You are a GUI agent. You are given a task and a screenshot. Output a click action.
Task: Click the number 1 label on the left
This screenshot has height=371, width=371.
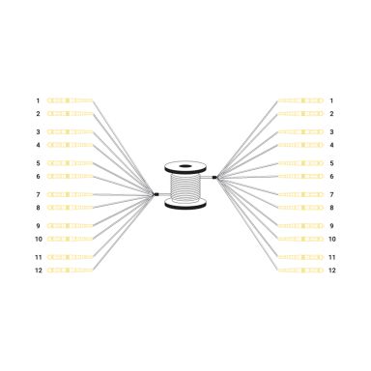(x=39, y=100)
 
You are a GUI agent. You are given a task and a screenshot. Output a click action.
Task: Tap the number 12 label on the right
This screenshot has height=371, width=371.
(x=331, y=270)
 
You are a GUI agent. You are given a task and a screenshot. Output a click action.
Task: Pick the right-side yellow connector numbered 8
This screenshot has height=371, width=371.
(x=300, y=207)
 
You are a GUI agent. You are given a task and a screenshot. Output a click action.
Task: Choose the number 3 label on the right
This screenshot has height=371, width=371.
(x=331, y=131)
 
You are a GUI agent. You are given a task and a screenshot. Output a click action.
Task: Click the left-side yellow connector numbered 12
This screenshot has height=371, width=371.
(x=70, y=270)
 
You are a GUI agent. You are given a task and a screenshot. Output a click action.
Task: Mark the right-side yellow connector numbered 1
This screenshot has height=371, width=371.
(x=300, y=100)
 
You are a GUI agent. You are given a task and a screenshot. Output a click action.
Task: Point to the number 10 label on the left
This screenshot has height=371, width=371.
(x=39, y=238)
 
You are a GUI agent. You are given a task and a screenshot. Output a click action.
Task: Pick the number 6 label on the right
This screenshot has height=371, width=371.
(x=331, y=176)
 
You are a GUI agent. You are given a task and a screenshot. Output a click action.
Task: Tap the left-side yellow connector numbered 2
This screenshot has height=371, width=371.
(x=70, y=114)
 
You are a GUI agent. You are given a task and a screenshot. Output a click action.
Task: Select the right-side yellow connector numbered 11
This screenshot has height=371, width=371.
(x=300, y=257)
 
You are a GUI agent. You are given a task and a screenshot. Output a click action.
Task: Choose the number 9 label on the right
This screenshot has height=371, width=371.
(x=331, y=225)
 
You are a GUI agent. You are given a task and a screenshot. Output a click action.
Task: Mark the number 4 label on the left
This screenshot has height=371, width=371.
(x=39, y=145)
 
